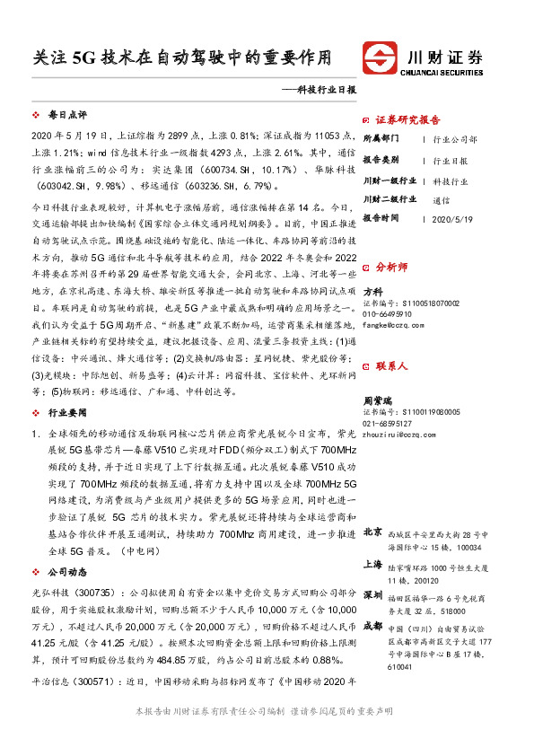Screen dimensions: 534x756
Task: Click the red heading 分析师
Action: click(390, 268)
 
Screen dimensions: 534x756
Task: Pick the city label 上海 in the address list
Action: click(373, 565)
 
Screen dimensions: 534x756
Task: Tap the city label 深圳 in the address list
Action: click(373, 596)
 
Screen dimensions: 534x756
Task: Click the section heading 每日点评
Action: click(66, 117)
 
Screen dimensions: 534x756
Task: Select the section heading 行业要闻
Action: click(66, 414)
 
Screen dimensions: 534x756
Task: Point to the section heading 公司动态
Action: click(66, 571)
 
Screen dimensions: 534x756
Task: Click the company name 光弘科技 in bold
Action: click(51, 593)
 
